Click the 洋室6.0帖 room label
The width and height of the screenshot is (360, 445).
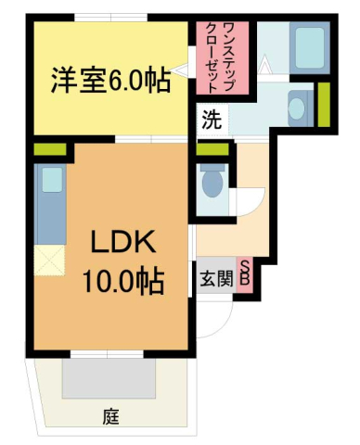[x=109, y=81]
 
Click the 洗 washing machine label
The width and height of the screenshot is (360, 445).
[x=211, y=119]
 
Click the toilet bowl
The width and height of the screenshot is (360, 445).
[x=212, y=181]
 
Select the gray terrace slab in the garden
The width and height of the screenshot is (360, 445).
[x=109, y=379]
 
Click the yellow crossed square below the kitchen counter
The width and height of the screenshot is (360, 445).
[x=49, y=261]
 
